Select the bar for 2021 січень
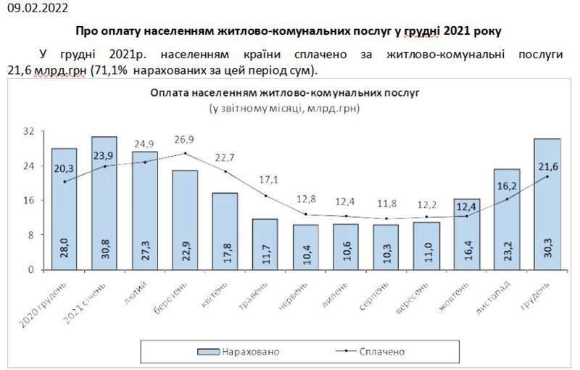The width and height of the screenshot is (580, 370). [104, 203]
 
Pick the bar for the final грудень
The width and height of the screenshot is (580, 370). [547, 204]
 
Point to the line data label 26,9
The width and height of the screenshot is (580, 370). [185, 139]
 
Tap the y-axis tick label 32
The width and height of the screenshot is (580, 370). [28, 131]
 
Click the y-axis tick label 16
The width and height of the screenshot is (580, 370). [28, 200]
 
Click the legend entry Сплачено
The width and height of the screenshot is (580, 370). [380, 352]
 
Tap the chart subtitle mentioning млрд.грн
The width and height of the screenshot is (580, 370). [284, 107]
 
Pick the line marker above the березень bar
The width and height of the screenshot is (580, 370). [186, 154]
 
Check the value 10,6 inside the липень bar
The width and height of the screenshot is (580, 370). [346, 254]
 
